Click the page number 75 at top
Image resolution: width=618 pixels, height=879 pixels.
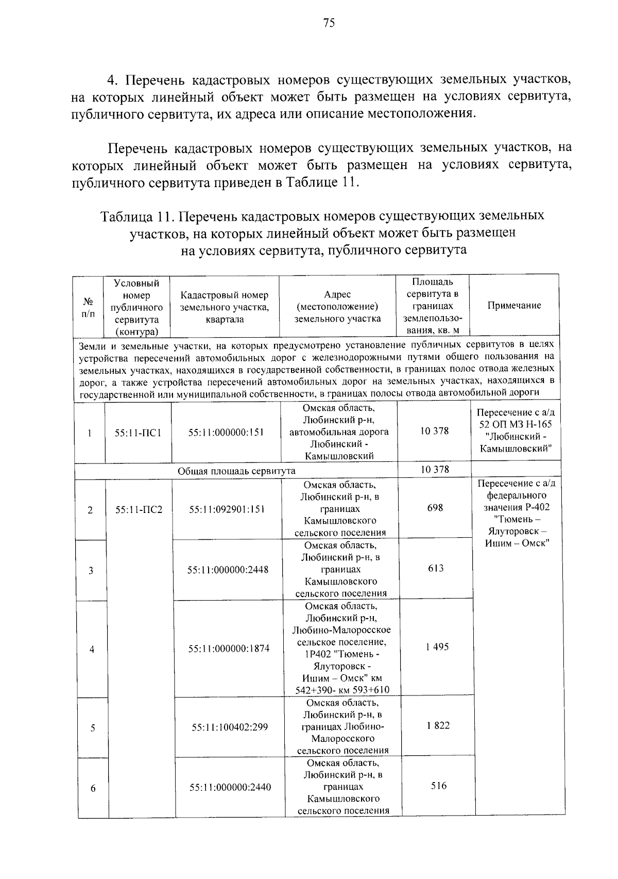tap(329, 22)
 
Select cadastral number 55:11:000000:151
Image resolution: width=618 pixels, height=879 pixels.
tap(226, 433)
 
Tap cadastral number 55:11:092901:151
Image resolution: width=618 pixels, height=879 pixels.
tap(227, 509)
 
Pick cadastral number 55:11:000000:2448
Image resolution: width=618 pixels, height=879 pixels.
tap(228, 570)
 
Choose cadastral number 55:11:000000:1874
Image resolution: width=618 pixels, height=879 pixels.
tap(229, 649)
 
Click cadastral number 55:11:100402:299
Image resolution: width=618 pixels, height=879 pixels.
tap(230, 727)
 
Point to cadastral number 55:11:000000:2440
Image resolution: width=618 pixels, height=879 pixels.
tap(230, 787)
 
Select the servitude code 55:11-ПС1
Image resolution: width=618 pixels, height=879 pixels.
tap(138, 433)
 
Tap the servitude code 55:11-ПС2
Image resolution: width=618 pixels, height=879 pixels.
tap(139, 509)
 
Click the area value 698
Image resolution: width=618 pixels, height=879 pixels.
tap(435, 508)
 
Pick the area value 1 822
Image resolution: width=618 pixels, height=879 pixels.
tap(438, 725)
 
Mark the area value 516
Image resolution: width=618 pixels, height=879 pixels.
tap(439, 786)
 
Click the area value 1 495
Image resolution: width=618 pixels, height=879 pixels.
tap(437, 647)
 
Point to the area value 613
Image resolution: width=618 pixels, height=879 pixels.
tap(436, 568)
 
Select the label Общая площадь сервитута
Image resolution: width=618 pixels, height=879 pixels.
tap(236, 471)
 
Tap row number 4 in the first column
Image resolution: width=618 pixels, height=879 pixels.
tap(92, 650)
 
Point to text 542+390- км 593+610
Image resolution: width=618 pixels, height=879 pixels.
tap(342, 690)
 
